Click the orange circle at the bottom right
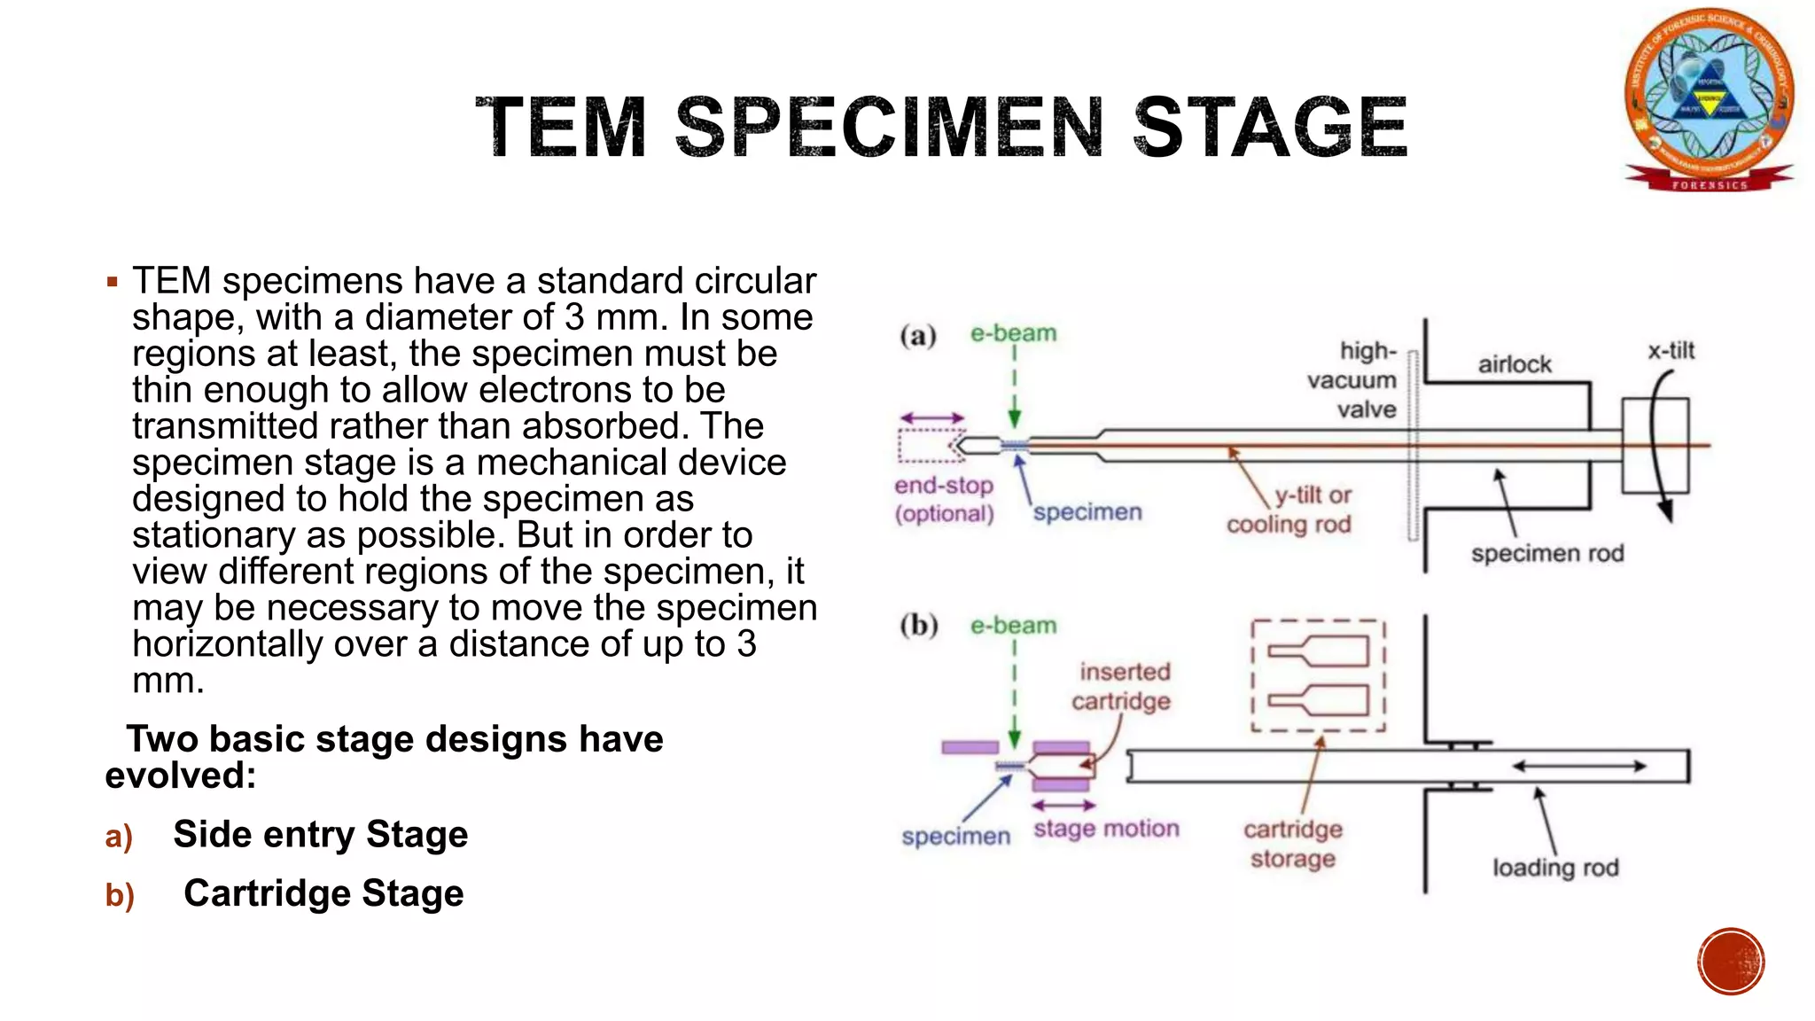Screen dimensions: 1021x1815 1731,962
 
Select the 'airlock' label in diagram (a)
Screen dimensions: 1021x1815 1514,364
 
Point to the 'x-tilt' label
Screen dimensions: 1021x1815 1671,351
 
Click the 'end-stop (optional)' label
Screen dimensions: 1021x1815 944,499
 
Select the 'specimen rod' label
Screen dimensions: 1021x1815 1547,553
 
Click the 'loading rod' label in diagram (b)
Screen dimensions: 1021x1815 1555,867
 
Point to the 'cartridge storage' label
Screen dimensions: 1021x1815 1293,844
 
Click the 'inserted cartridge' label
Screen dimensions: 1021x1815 1123,686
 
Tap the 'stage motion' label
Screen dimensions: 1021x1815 1106,829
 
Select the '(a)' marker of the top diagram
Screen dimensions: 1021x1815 918,336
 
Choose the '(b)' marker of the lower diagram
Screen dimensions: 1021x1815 919,626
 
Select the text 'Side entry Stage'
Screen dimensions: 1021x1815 320,835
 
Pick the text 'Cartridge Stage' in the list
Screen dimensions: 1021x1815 323,893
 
